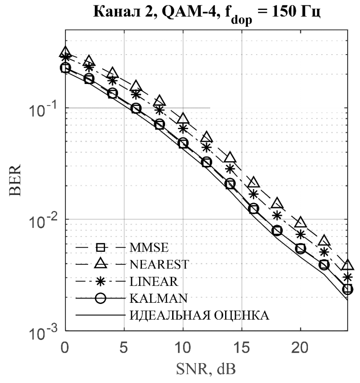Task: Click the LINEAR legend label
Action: (x=154, y=282)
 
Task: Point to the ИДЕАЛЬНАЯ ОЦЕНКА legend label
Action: (x=199, y=316)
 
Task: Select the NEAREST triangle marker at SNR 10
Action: (x=183, y=119)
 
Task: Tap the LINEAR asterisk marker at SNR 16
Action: (x=253, y=194)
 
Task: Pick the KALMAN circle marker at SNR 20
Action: (x=300, y=249)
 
